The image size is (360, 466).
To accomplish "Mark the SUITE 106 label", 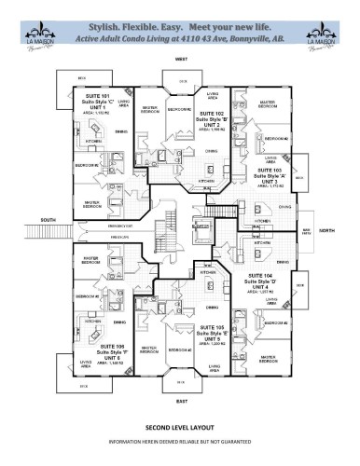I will pyautogui.click(x=98, y=319).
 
